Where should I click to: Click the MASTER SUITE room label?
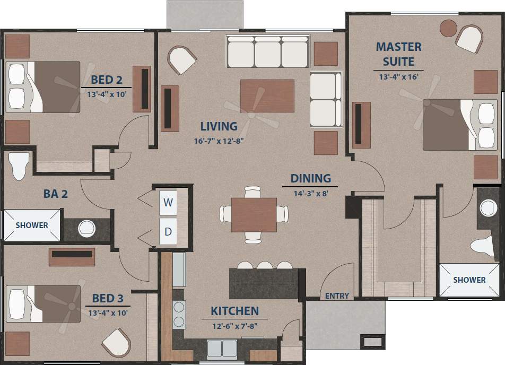pyautogui.click(x=398, y=54)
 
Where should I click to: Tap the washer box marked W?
pyautogui.click(x=168, y=202)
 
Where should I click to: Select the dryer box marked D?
pyautogui.click(x=168, y=231)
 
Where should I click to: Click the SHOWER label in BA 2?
pyautogui.click(x=32, y=225)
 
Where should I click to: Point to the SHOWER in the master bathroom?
pyautogui.click(x=469, y=280)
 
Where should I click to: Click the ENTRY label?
pyautogui.click(x=337, y=296)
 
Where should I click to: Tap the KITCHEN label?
pyautogui.click(x=234, y=311)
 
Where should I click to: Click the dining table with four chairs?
pyautogui.click(x=254, y=214)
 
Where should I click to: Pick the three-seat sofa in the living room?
pyautogui.click(x=267, y=51)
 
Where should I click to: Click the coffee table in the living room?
pyautogui.click(x=267, y=95)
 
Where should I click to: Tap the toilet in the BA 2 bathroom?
pyautogui.click(x=19, y=164)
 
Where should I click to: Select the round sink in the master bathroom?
pyautogui.click(x=487, y=208)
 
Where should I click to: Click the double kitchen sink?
pyautogui.click(x=222, y=349)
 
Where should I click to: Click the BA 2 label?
pyautogui.click(x=55, y=194)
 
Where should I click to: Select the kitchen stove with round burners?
pyautogui.click(x=179, y=315)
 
